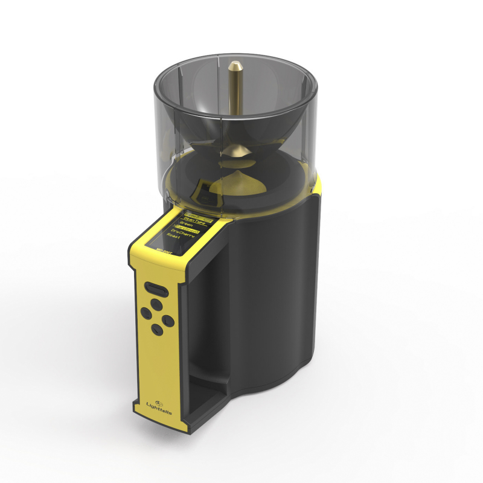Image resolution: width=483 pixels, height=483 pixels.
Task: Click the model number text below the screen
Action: point(165,248)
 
